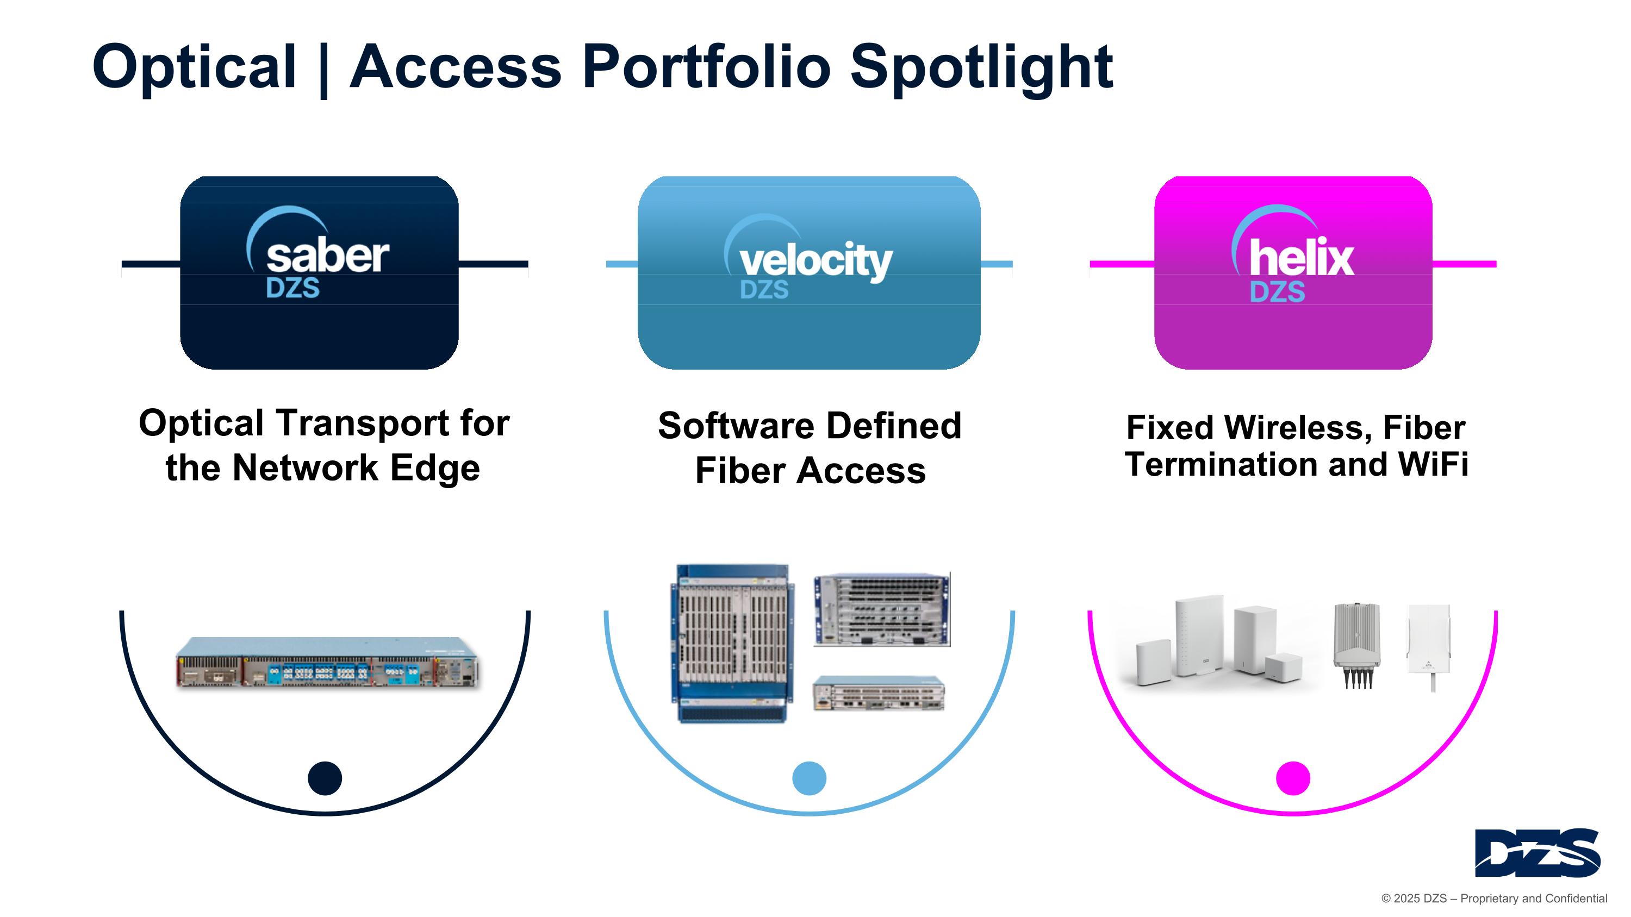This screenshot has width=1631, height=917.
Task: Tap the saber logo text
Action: [x=327, y=257]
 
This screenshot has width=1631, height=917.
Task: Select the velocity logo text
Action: [x=815, y=261]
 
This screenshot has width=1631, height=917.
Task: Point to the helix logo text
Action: [x=1302, y=258]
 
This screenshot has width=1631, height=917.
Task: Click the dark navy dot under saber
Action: [x=325, y=778]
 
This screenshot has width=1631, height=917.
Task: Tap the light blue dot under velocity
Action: [x=809, y=778]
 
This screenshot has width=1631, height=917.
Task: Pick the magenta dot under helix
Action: [x=1293, y=778]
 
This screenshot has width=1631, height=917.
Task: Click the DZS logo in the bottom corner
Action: [x=1537, y=852]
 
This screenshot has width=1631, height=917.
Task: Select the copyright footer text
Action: [x=1493, y=899]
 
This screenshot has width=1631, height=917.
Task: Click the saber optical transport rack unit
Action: [x=327, y=663]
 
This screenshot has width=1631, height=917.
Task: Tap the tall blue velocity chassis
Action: [x=732, y=644]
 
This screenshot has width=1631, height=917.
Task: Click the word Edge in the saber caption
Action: [x=435, y=469]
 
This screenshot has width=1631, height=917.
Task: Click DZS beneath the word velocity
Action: [x=764, y=290]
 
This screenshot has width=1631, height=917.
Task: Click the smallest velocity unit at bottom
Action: [x=879, y=693]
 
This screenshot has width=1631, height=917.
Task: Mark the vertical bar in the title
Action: [x=324, y=68]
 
